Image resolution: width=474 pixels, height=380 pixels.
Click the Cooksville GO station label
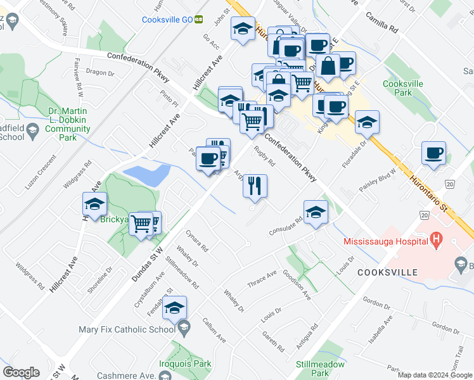point(167,20)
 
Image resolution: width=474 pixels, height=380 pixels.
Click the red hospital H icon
point(435,239)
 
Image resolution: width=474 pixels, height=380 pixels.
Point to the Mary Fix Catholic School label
point(127,329)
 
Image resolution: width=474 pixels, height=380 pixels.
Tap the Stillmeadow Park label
point(320,369)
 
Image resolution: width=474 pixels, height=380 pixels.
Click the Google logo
point(21,372)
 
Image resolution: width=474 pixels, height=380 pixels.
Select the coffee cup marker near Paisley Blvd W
point(433,153)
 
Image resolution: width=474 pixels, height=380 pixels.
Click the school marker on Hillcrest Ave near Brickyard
point(94,204)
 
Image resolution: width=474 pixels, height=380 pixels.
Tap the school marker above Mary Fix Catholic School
point(174,308)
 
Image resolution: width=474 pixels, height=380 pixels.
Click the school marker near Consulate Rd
point(315,212)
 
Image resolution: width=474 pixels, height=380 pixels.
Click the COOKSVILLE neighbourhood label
point(387,272)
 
